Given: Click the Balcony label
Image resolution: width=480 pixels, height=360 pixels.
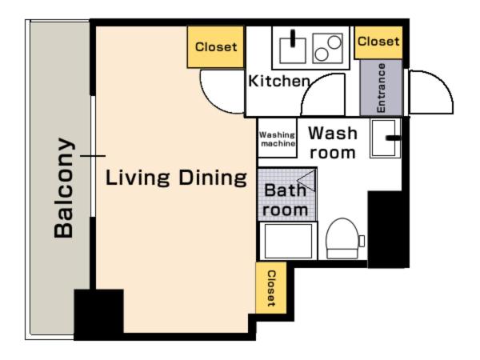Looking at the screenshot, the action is pyautogui.click(x=64, y=188).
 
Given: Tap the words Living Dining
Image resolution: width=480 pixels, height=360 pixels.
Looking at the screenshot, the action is pyautogui.click(x=176, y=178).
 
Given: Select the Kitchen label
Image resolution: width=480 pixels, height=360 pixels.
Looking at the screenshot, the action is pyautogui.click(x=279, y=81).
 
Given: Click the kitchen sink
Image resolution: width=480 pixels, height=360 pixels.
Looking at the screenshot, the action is pyautogui.click(x=292, y=50).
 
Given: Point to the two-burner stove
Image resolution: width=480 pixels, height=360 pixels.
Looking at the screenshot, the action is pyautogui.click(x=327, y=48).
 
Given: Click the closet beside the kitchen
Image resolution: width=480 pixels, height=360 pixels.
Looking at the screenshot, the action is pyautogui.click(x=215, y=47).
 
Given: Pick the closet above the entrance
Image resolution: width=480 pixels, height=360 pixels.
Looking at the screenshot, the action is pyautogui.click(x=378, y=42).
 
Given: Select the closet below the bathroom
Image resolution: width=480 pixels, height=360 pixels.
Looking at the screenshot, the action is pyautogui.click(x=271, y=288).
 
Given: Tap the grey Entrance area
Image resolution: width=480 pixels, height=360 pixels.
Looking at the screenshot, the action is pyautogui.click(x=381, y=87).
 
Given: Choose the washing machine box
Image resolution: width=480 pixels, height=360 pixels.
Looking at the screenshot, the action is pyautogui.click(x=278, y=138).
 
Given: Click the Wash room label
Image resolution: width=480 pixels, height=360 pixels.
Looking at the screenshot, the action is pyautogui.click(x=333, y=142).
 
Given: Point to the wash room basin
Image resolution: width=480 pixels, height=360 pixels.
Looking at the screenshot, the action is pyautogui.click(x=385, y=138).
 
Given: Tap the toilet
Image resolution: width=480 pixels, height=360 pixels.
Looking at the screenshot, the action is pyautogui.click(x=342, y=239).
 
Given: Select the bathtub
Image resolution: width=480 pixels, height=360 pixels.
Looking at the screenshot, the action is pyautogui.click(x=288, y=241).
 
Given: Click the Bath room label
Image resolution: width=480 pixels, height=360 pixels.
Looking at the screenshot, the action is pyautogui.click(x=285, y=200).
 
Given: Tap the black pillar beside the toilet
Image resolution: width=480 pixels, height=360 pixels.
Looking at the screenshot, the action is pyautogui.click(x=388, y=230).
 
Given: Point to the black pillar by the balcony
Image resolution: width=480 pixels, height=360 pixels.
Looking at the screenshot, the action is pyautogui.click(x=98, y=314).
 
